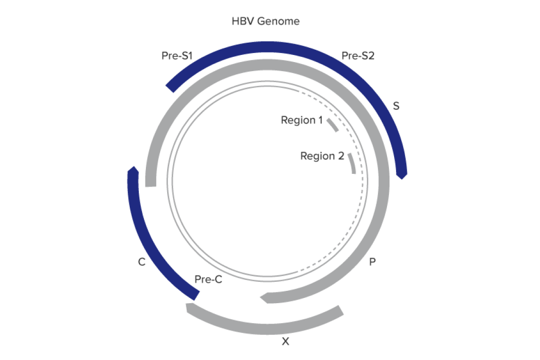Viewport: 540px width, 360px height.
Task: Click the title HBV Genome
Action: [x=265, y=21]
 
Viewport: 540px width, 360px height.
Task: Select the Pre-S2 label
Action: [x=358, y=56]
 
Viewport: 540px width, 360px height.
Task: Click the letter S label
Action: [x=396, y=106]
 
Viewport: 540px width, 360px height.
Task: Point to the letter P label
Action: [x=372, y=262]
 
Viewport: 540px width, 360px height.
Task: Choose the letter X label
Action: [x=285, y=341]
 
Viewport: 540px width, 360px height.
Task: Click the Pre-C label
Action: [x=208, y=279]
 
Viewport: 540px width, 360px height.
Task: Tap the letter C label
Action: [x=142, y=262]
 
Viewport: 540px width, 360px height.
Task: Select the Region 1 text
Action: [x=302, y=120]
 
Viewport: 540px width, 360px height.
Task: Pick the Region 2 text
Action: [x=322, y=156]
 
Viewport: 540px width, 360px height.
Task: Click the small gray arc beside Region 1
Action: [x=333, y=126]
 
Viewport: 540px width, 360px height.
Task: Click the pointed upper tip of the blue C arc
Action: [x=133, y=168]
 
